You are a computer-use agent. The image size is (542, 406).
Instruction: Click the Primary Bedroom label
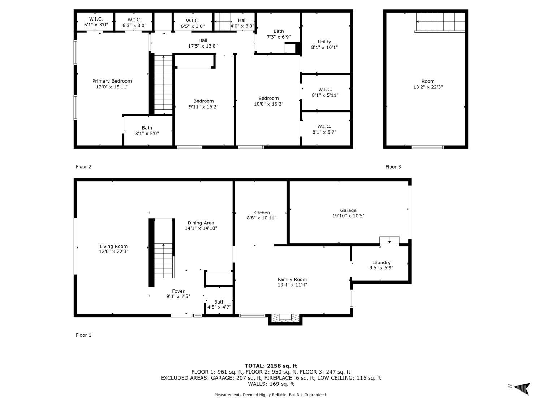tap(112, 81)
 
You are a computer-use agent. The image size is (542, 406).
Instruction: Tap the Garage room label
tap(348, 210)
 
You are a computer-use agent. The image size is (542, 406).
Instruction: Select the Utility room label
tap(324, 42)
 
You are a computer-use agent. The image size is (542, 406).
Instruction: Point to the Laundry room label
tap(381, 262)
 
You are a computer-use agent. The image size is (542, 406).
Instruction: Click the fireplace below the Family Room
tap(285, 319)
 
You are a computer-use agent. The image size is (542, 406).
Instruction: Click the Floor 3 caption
tap(393, 167)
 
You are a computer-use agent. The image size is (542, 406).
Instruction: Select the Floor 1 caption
tap(83, 335)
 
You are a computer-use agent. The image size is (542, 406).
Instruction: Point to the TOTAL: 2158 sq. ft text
tap(271, 366)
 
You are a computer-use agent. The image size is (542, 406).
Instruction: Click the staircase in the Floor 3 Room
tap(440, 22)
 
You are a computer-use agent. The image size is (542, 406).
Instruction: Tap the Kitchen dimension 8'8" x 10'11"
tap(262, 218)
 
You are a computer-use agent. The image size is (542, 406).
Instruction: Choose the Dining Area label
tap(201, 223)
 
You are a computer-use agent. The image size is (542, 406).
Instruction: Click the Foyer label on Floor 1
tap(178, 291)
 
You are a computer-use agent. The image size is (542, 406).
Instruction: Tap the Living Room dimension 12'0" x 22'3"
tap(113, 252)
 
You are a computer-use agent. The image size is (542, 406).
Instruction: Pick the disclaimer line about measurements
tap(271, 395)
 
